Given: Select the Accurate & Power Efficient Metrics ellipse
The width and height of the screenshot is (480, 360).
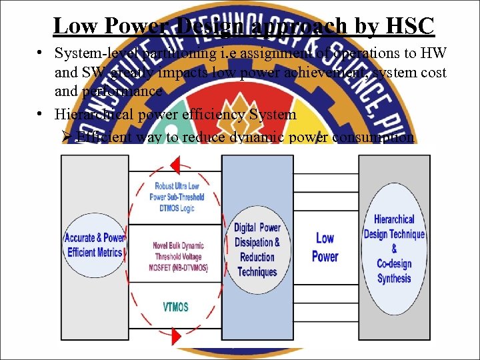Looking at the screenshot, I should (94, 246).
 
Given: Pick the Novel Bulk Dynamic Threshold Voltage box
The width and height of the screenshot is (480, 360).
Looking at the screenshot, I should (178, 257).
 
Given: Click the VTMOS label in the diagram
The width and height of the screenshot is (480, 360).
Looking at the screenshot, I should (175, 307).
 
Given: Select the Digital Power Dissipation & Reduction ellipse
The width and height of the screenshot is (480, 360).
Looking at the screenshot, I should (257, 249).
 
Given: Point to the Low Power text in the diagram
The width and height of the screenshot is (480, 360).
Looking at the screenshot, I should (325, 247).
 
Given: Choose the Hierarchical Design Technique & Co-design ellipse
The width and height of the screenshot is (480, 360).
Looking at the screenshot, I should (394, 249).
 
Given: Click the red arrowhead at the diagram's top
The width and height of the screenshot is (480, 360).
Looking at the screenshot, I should (175, 164).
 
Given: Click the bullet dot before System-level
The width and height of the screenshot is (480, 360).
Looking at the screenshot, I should (41, 53).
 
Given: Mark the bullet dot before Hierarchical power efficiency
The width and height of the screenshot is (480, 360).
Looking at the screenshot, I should (41, 114).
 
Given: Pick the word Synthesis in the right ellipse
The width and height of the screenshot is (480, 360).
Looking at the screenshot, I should (394, 278).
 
